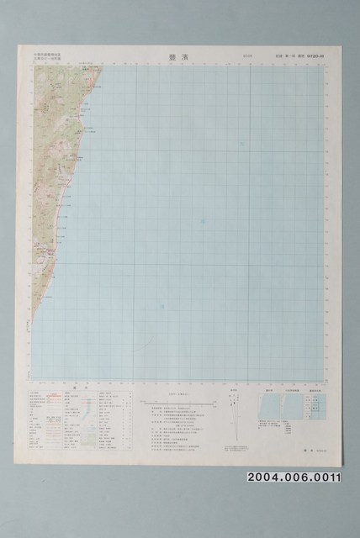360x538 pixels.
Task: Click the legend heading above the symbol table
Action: (73, 388)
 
